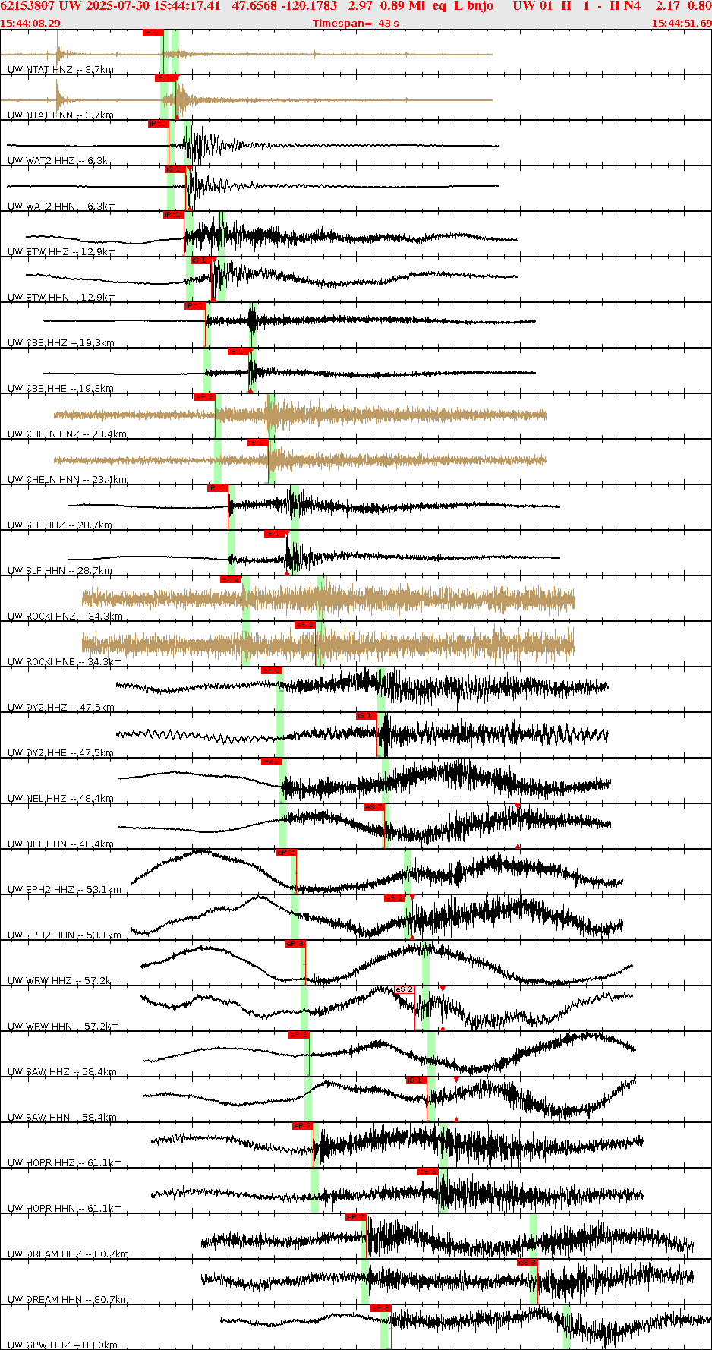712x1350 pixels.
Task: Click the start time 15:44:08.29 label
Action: pyautogui.click(x=30, y=24)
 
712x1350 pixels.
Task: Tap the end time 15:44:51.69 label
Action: pyautogui.click(x=681, y=24)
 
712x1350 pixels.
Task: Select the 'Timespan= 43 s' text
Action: pyautogui.click(x=355, y=24)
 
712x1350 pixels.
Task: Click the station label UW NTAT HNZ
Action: pyautogui.click(x=60, y=70)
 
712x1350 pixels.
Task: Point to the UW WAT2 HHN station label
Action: pyautogui.click(x=61, y=207)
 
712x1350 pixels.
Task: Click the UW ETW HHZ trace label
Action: pyautogui.click(x=61, y=252)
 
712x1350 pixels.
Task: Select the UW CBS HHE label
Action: pyautogui.click(x=61, y=389)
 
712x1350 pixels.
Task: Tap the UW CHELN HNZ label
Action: pyautogui.click(x=67, y=434)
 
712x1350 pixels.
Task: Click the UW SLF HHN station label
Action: pyautogui.click(x=60, y=571)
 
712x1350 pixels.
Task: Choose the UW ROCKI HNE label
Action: pyautogui.click(x=65, y=662)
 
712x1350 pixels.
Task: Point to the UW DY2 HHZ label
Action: pyautogui.click(x=61, y=708)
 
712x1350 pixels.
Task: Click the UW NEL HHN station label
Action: pyautogui.click(x=61, y=844)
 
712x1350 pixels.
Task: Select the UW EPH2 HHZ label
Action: pyautogui.click(x=65, y=890)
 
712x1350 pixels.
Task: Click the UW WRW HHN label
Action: pyautogui.click(x=63, y=1027)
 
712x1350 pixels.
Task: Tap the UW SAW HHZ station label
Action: pyautogui.click(x=62, y=1072)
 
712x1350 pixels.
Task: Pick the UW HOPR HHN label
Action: pyautogui.click(x=65, y=1209)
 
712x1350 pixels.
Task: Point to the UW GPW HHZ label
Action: pyautogui.click(x=62, y=1345)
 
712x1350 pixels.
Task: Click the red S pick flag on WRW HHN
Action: pyautogui.click(x=404, y=989)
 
